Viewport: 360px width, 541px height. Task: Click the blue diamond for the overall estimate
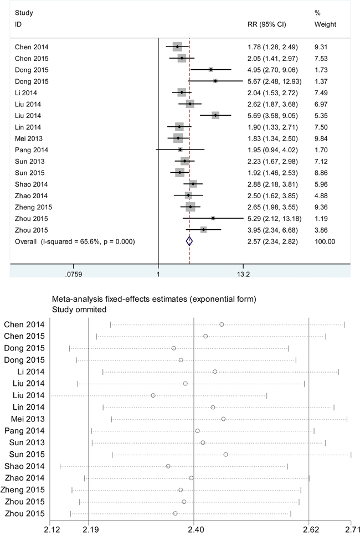[x=189, y=241]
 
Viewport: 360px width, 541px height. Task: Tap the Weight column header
[x=325, y=25]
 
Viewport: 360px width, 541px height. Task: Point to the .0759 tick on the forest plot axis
[x=74, y=273]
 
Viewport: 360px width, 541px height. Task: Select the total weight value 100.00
[x=325, y=241]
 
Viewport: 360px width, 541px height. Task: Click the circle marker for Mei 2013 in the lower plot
[x=223, y=419]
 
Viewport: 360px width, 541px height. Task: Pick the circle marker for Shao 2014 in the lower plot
[x=168, y=466]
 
